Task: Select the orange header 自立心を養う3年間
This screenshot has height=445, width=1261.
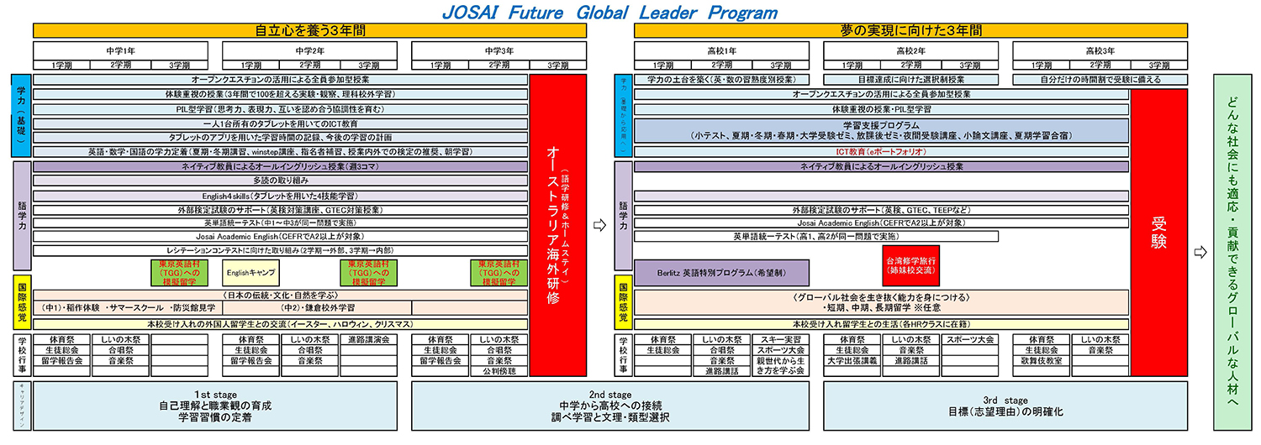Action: (x=309, y=30)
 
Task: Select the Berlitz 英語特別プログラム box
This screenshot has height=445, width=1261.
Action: (x=722, y=273)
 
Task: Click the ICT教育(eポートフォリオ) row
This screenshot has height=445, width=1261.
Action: (x=881, y=152)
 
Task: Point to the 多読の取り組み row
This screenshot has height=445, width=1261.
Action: (x=280, y=181)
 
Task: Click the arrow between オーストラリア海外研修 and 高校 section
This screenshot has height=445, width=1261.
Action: (x=599, y=225)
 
